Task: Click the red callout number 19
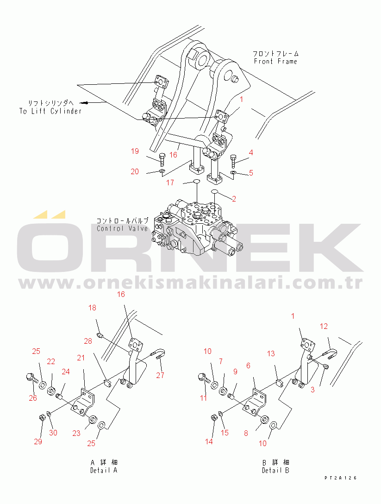click(x=135, y=151)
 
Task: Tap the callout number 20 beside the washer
click(x=135, y=172)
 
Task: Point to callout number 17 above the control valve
click(x=170, y=183)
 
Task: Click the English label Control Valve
click(x=123, y=228)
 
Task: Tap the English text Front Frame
click(x=275, y=61)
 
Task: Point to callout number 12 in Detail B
click(x=324, y=326)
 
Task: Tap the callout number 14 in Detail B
click(x=209, y=441)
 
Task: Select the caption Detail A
click(x=104, y=470)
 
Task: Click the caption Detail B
click(x=275, y=470)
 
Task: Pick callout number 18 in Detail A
click(x=93, y=308)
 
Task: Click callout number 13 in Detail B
click(x=271, y=353)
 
